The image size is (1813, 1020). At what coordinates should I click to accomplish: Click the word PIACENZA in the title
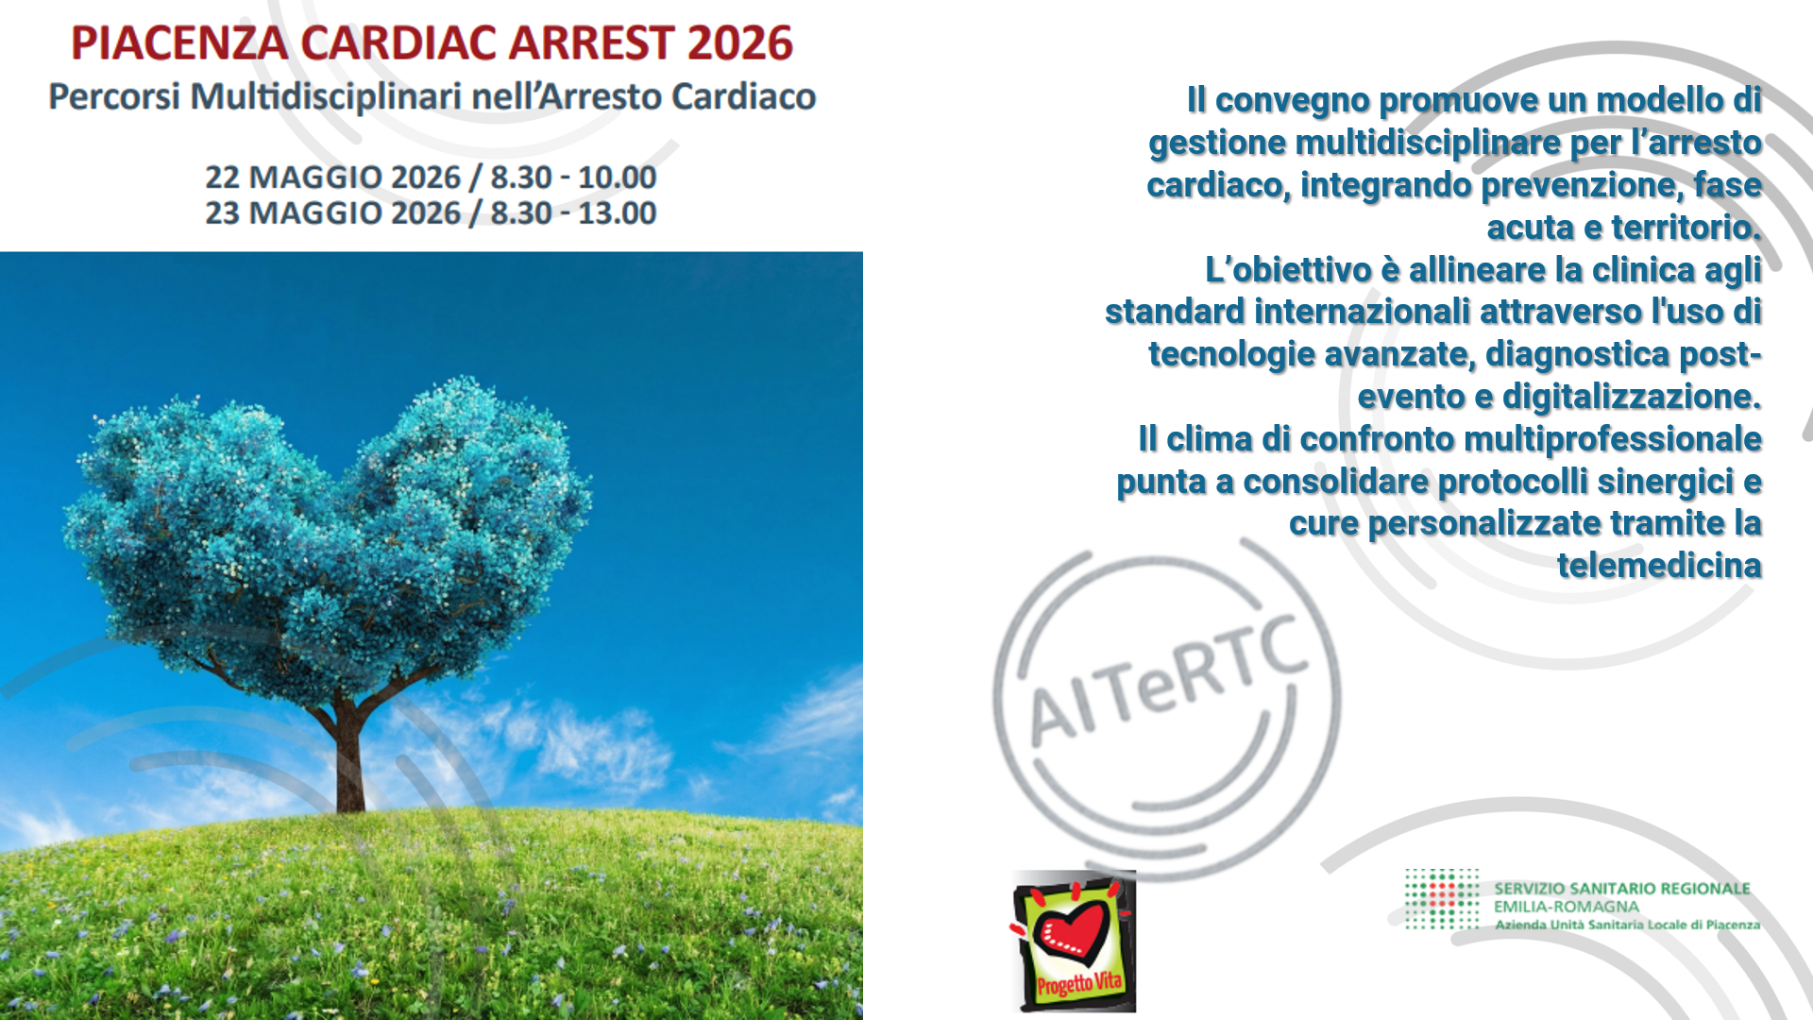179,43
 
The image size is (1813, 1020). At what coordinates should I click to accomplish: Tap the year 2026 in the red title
739,43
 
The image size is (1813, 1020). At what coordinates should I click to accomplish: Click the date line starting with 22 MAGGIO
431,178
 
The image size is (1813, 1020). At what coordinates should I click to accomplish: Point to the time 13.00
617,213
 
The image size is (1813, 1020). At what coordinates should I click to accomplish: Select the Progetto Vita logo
1074,941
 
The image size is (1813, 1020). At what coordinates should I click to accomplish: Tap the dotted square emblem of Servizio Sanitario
1442,899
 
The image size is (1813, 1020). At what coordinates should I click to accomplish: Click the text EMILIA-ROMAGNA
1567,907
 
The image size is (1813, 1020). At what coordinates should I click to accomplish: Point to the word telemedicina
1659,566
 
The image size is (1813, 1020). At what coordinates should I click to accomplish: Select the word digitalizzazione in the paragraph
1632,397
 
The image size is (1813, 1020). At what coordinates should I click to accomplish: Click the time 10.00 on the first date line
617,178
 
